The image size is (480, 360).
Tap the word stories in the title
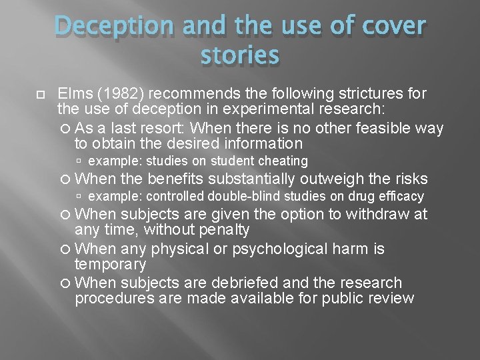point(239,56)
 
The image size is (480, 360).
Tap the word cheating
point(282,161)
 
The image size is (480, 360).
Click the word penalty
point(217,231)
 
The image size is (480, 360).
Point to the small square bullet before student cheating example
point(80,161)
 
